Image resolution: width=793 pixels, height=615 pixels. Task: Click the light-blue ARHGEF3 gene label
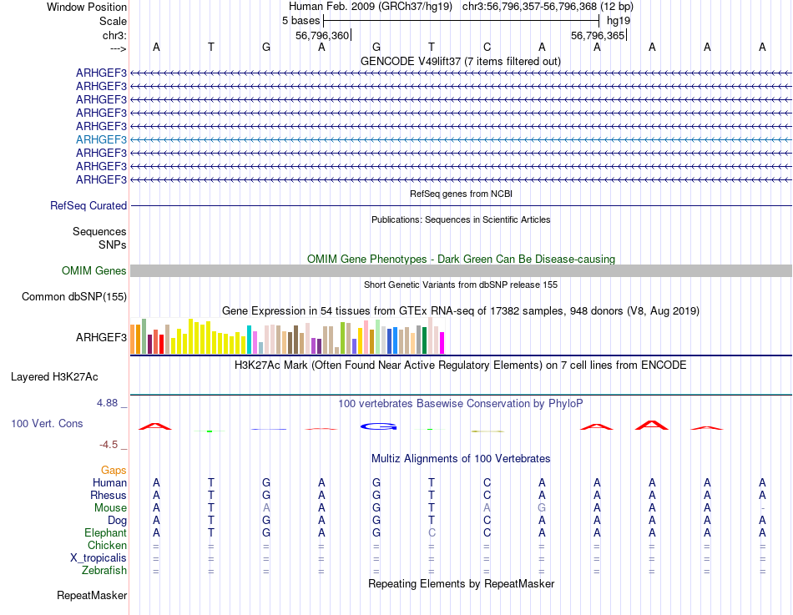coord(101,139)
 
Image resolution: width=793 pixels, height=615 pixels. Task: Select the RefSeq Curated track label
coord(88,205)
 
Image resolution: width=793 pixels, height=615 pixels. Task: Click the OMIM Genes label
coord(94,270)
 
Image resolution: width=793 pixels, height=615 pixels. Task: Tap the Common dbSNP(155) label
coord(74,296)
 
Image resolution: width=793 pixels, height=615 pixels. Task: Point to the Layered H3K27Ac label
coord(68,376)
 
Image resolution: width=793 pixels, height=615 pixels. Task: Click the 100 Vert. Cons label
coord(47,424)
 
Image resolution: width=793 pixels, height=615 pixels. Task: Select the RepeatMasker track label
coord(92,595)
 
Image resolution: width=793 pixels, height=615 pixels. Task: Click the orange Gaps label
coord(114,470)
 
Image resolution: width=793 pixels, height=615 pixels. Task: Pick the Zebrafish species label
coord(104,570)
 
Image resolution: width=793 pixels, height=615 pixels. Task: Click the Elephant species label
coord(105,532)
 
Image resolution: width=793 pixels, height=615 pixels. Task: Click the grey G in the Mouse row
coord(542,507)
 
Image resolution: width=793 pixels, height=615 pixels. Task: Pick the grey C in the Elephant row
coord(432,532)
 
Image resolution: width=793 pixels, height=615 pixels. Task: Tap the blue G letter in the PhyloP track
coord(376,426)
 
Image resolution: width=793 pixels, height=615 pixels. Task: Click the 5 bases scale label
coord(301,20)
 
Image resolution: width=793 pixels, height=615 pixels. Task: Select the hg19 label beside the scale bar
coord(619,20)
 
